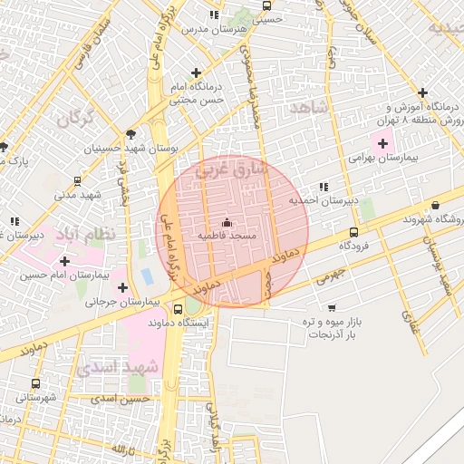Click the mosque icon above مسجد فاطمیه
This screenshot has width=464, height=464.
[x=227, y=223]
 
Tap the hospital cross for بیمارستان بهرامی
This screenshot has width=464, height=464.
[x=382, y=143]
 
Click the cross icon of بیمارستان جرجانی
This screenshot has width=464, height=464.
[x=122, y=287]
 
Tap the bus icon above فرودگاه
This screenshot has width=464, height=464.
[x=353, y=232]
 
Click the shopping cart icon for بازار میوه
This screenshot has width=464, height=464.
[x=332, y=308]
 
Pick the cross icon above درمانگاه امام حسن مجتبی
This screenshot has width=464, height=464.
[x=196, y=72]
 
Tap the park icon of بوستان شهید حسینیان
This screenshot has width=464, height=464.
[x=131, y=132]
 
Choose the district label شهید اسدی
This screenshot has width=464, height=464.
[x=117, y=367]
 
